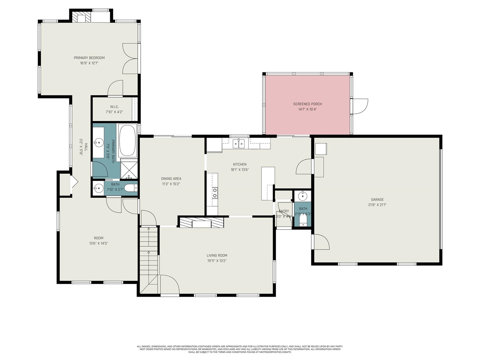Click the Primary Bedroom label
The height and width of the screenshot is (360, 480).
pyautogui.click(x=89, y=58)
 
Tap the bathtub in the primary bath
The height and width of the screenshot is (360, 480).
pyautogui.click(x=127, y=140)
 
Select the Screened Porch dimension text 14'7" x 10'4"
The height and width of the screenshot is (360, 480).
pyautogui.click(x=307, y=109)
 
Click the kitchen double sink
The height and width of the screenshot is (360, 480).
pyautogui.click(x=238, y=143)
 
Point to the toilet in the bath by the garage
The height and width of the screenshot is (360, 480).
pyautogui.click(x=303, y=220)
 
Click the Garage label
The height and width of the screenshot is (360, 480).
pyautogui.click(x=377, y=199)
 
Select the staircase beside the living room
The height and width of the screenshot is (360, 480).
pyautogui.click(x=149, y=259)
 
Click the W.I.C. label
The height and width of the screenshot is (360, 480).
pyautogui.click(x=114, y=107)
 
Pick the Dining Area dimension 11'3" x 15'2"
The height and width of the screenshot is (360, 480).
pyautogui.click(x=171, y=184)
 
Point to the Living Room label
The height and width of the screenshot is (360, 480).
pyautogui.click(x=217, y=255)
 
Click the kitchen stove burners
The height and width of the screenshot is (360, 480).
pyautogui.click(x=215, y=193)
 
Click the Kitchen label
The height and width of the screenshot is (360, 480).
pyautogui.click(x=240, y=164)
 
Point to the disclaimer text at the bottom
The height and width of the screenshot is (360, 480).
pyautogui.click(x=240, y=349)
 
